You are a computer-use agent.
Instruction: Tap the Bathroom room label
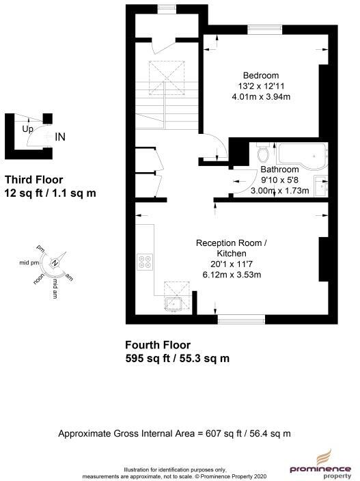(x=279, y=169)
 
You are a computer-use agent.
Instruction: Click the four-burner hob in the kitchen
(x=146, y=260)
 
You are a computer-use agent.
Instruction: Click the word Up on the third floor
(x=27, y=128)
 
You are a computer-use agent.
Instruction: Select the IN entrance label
(x=60, y=137)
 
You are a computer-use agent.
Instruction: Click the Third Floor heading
(x=30, y=180)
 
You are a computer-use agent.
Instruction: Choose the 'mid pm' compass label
(x=29, y=262)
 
